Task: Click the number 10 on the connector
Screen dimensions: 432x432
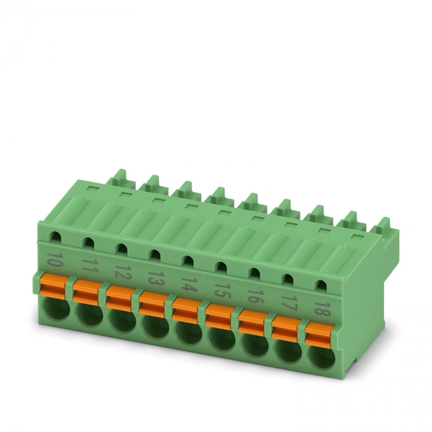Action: coord(54,259)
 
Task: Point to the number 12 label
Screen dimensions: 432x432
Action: coord(122,272)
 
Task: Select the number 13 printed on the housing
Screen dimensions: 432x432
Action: coord(156,278)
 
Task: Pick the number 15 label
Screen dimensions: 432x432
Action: coord(222,291)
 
